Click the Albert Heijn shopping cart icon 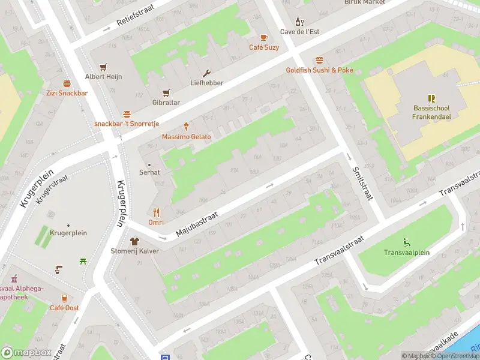click(x=104, y=67)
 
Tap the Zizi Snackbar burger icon click(x=67, y=83)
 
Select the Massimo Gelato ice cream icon click(x=187, y=127)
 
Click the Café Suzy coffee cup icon click(x=264, y=37)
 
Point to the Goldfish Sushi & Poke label click(x=319, y=70)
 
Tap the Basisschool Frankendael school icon click(x=431, y=98)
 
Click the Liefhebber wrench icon click(x=207, y=73)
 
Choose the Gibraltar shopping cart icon click(x=166, y=92)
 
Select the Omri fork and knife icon click(x=156, y=212)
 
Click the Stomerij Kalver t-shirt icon click(x=134, y=241)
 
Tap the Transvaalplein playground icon click(x=407, y=242)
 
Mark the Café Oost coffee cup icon click(x=64, y=298)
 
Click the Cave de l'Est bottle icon click(x=302, y=22)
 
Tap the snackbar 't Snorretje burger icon click(x=127, y=113)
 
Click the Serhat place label click(x=149, y=172)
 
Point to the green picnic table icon click(x=83, y=261)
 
